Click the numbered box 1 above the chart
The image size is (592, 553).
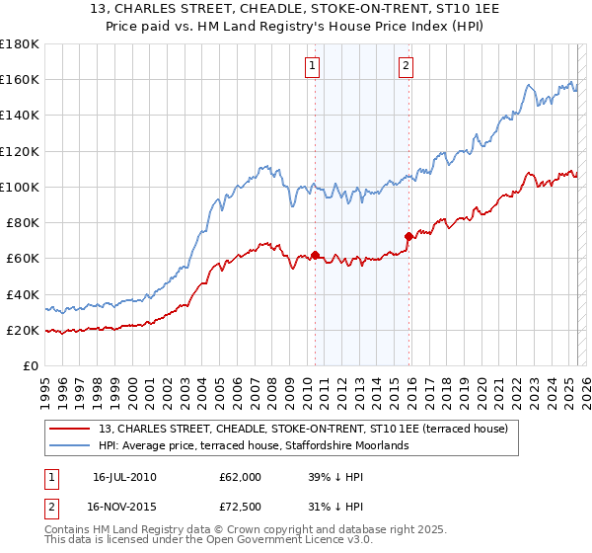point(312,66)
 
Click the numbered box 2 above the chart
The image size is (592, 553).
point(406,66)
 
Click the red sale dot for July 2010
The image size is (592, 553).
point(315,255)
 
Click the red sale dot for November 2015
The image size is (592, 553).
point(408,236)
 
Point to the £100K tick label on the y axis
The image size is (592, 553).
point(20,187)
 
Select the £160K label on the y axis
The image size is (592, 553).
point(20,79)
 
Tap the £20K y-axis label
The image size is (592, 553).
point(24,331)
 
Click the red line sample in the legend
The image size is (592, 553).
point(70,429)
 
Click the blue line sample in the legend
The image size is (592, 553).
point(70,446)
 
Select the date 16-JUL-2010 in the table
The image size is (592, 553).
point(123,477)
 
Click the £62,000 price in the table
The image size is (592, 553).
point(241,477)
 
